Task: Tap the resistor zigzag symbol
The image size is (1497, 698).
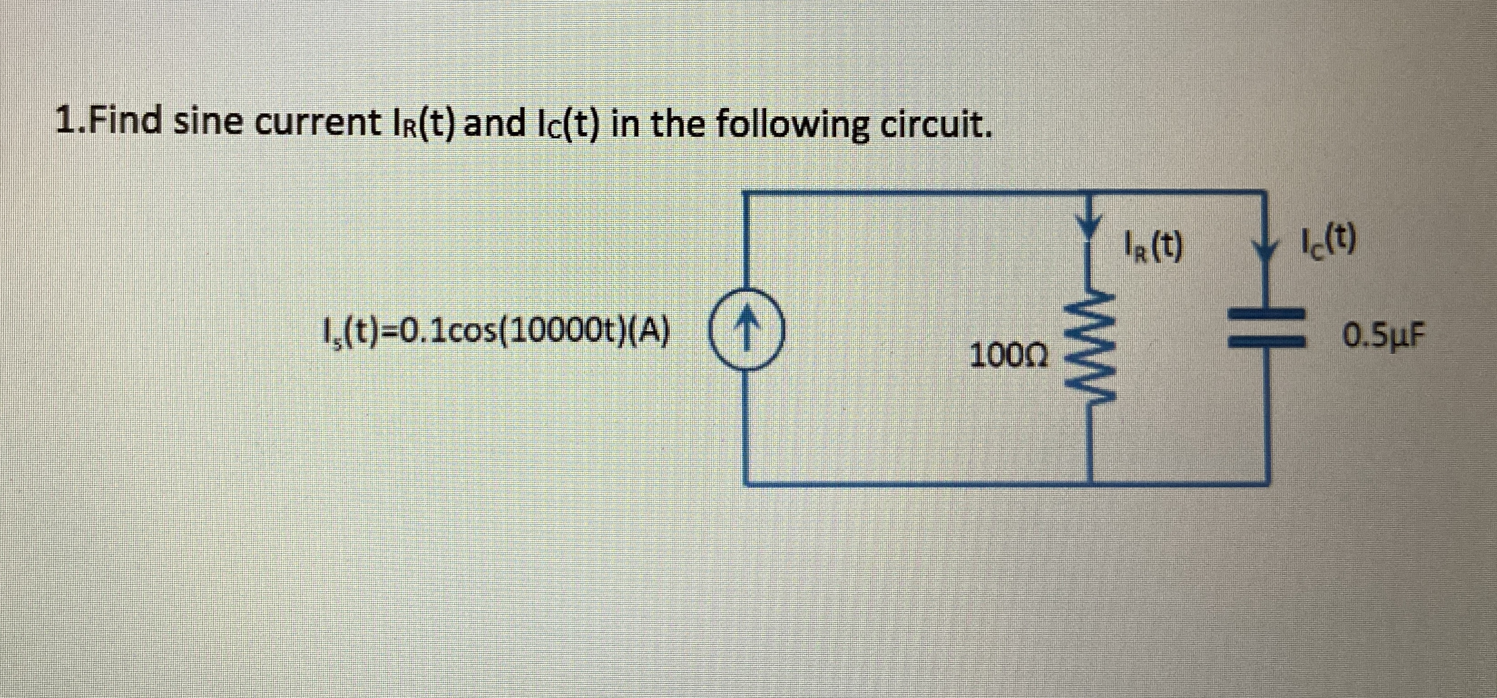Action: click(x=1088, y=349)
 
